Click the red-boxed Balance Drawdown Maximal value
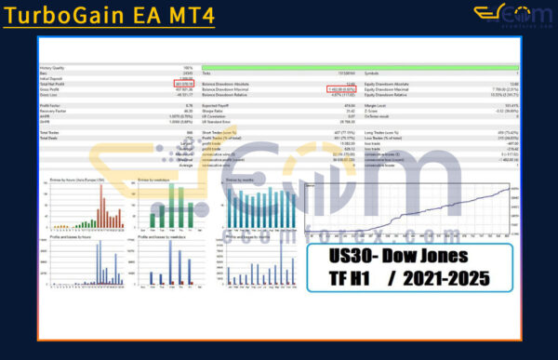click(x=344, y=90)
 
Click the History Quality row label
click(x=53, y=68)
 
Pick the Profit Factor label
click(x=50, y=107)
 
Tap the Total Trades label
click(x=50, y=134)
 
